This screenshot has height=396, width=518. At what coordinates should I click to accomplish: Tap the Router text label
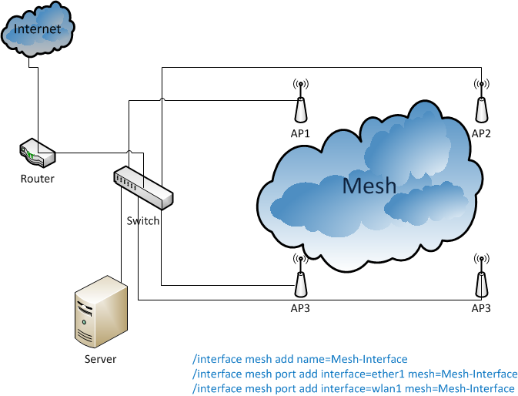(x=38, y=179)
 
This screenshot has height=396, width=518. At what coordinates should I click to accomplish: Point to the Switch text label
(x=143, y=221)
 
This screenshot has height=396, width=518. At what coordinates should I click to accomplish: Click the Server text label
(x=100, y=359)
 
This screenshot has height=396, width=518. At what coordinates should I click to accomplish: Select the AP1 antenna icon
(x=300, y=107)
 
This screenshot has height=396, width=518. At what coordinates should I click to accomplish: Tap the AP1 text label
(x=300, y=133)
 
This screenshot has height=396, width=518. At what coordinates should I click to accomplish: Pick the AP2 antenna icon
(x=481, y=107)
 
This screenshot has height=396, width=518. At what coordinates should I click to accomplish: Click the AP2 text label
(x=481, y=133)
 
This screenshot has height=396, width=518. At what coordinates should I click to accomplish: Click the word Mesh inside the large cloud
(x=369, y=186)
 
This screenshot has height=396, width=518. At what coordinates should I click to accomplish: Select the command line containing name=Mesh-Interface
(x=300, y=359)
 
